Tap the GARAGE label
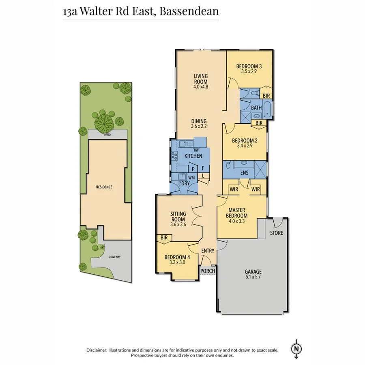(x=253, y=272)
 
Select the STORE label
(x=277, y=233)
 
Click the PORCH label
(x=208, y=271)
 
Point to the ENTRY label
(x=208, y=251)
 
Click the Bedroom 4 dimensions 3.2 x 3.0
(x=177, y=262)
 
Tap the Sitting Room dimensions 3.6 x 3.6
(x=178, y=225)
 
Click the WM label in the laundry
(x=191, y=178)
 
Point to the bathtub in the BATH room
(x=268, y=108)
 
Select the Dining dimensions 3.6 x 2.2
(x=199, y=126)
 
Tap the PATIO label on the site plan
(x=107, y=134)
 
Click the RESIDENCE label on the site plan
(x=104, y=187)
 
